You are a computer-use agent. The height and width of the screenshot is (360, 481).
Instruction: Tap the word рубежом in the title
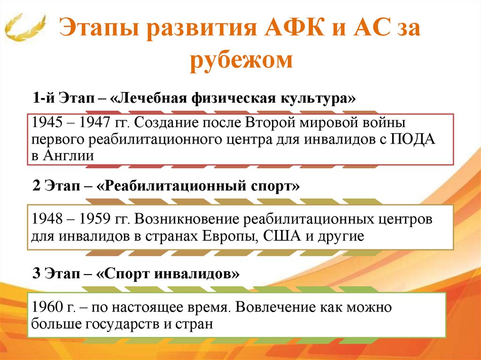point(241,61)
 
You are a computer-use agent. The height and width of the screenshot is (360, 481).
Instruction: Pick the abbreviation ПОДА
point(414,139)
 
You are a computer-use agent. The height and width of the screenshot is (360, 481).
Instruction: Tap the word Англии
point(68,156)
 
